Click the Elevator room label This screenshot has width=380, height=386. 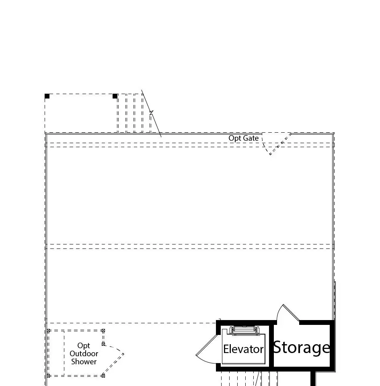pos(243,349)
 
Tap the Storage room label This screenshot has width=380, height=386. pos(302,347)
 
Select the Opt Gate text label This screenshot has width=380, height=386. pos(243,138)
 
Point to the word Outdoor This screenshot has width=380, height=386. pos(84,354)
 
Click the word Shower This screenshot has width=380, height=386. pos(84,361)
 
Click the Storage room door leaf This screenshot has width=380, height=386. pos(291,313)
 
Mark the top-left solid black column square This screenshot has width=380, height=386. pos(47,96)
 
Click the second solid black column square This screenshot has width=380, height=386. pos(115,96)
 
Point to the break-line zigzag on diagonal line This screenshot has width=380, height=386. pos(151,113)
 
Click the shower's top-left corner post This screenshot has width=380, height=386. pos(48,331)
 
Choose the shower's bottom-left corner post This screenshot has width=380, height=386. pos(48,376)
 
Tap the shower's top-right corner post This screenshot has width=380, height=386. pos(103,331)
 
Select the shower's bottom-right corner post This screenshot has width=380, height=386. pos(103,376)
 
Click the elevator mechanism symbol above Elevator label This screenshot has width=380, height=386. pos(243,330)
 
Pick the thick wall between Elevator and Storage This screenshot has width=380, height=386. pos(271,346)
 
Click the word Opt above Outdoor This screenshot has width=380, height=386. pos(84,346)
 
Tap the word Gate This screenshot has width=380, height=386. pos(251,138)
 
